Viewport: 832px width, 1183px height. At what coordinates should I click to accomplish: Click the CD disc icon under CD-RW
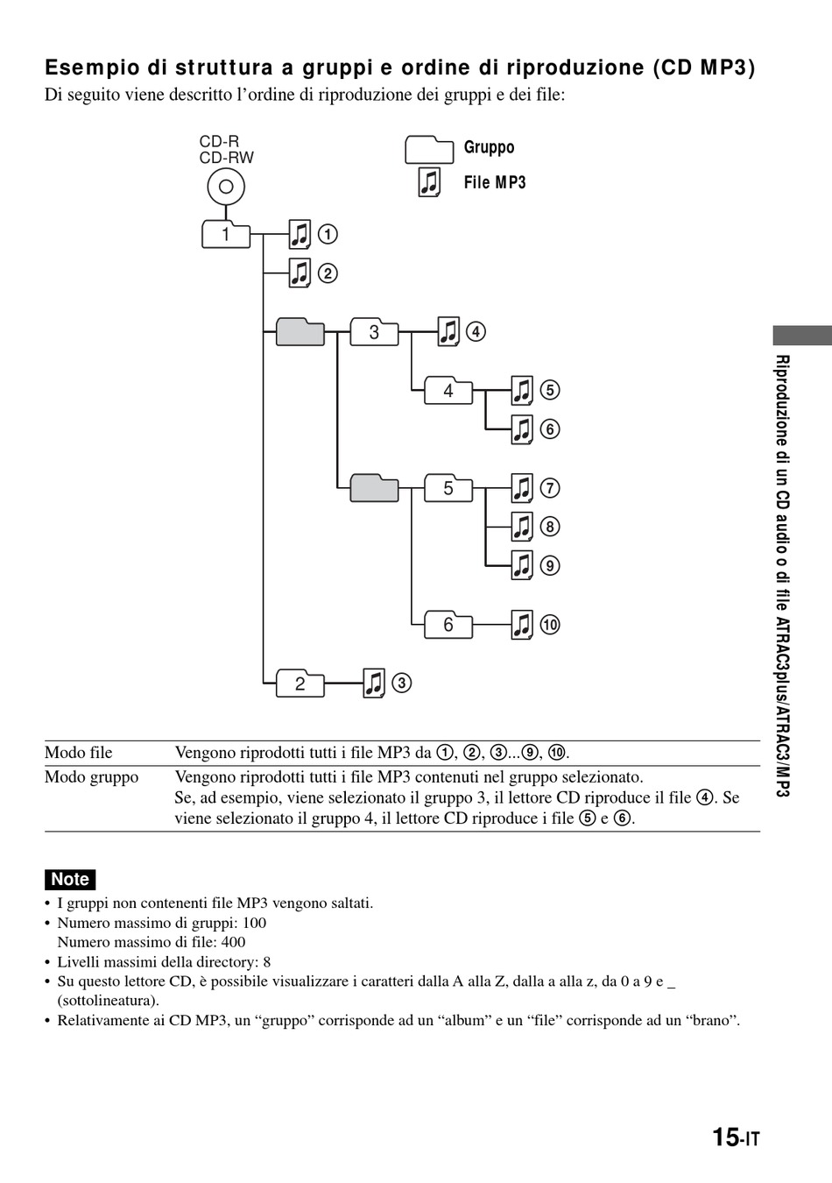(226, 187)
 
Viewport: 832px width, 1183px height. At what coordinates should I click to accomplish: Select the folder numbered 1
(226, 235)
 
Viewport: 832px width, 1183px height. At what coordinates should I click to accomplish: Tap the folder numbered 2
(300, 684)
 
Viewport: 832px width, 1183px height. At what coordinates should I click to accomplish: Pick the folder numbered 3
(374, 333)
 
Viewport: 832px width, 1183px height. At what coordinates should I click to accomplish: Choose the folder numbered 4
(448, 391)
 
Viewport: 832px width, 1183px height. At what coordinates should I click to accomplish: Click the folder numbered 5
(448, 488)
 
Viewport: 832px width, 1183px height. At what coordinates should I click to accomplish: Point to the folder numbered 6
(448, 625)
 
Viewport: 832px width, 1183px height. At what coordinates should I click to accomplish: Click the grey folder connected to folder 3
(300, 332)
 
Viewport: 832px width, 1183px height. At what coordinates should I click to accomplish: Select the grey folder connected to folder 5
(374, 487)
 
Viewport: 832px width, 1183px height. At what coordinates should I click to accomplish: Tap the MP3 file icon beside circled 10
(522, 625)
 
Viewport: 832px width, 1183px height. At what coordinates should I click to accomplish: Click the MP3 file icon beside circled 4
(448, 332)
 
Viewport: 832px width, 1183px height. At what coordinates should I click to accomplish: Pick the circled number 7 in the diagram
(550, 488)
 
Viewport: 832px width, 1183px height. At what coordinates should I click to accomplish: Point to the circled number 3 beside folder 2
(401, 684)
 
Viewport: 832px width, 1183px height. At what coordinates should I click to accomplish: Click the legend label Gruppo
(489, 147)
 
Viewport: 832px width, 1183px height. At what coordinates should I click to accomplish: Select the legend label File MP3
(495, 182)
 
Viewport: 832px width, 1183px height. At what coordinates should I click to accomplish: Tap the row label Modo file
(79, 753)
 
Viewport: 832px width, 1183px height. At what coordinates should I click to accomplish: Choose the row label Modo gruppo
(92, 777)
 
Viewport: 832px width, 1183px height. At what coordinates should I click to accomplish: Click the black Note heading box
(70, 879)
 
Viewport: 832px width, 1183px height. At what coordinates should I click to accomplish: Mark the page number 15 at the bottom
(726, 1137)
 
